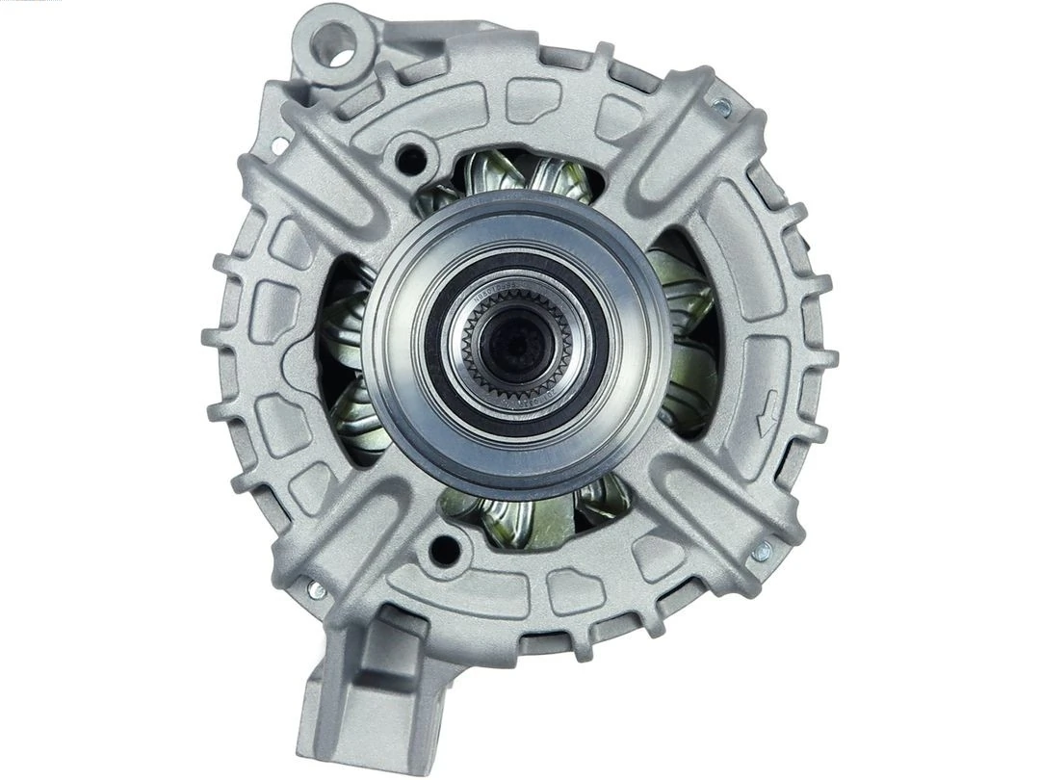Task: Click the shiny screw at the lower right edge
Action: click(762, 552)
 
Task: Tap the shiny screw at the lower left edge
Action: click(315, 589)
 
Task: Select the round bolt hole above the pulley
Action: click(412, 157)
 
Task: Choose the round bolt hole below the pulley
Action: click(444, 549)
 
